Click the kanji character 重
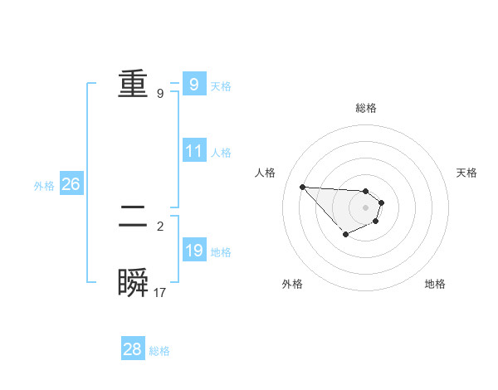(133, 85)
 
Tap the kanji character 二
(133, 217)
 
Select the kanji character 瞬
(133, 284)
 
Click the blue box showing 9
(193, 84)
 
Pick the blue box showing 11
(193, 151)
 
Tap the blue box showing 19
(193, 251)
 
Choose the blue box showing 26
(71, 184)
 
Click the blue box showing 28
(133, 349)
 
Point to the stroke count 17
(160, 293)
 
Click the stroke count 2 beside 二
(160, 226)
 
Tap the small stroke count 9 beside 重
(160, 94)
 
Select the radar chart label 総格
(366, 108)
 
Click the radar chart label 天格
(467, 173)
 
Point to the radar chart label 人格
(265, 173)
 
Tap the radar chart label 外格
(292, 284)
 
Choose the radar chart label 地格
(435, 284)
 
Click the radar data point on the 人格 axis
(302, 187)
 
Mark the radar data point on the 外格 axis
(345, 236)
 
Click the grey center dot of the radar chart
(365, 207)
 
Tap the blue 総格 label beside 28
(159, 351)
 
